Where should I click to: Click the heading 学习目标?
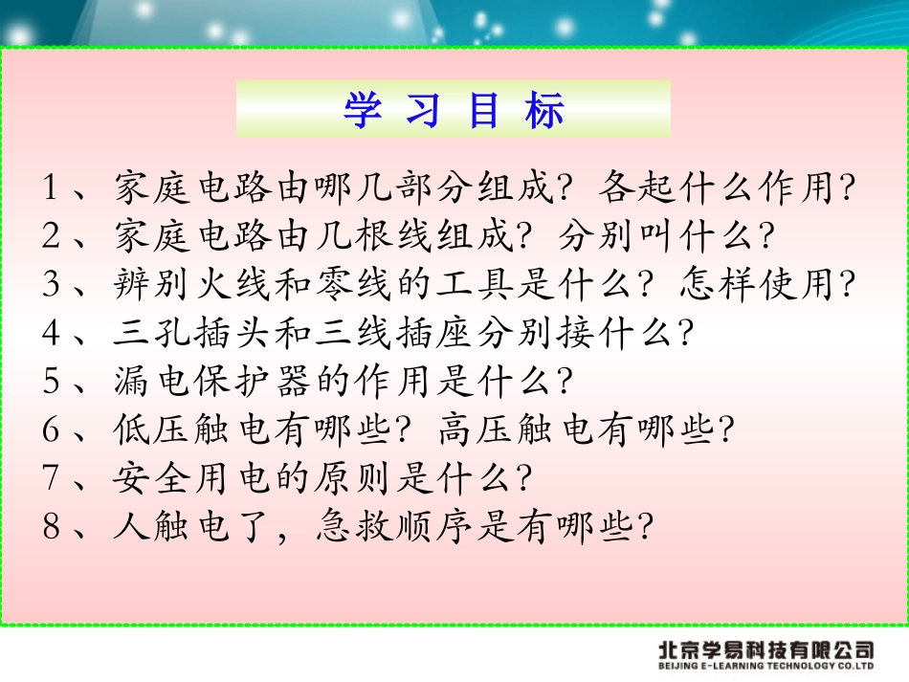coord(454,112)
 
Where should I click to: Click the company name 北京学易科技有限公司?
coord(765,649)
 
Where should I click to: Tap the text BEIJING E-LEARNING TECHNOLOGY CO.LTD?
coord(765,667)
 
